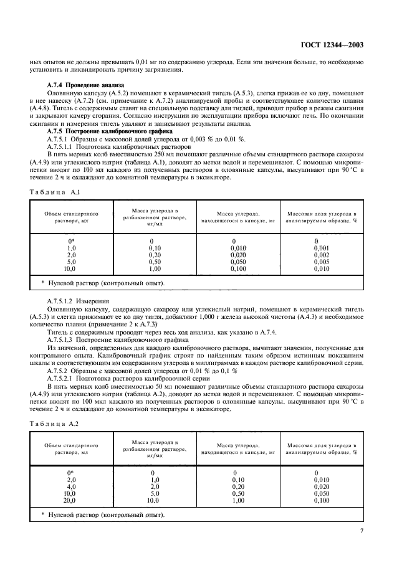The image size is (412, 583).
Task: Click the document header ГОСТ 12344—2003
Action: (x=333, y=45)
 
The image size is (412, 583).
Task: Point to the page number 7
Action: (x=362, y=531)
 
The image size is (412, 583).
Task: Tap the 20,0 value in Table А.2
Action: (x=70, y=500)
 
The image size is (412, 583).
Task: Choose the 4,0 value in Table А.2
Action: (x=70, y=486)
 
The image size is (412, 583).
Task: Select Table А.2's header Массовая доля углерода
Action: (x=321, y=449)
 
